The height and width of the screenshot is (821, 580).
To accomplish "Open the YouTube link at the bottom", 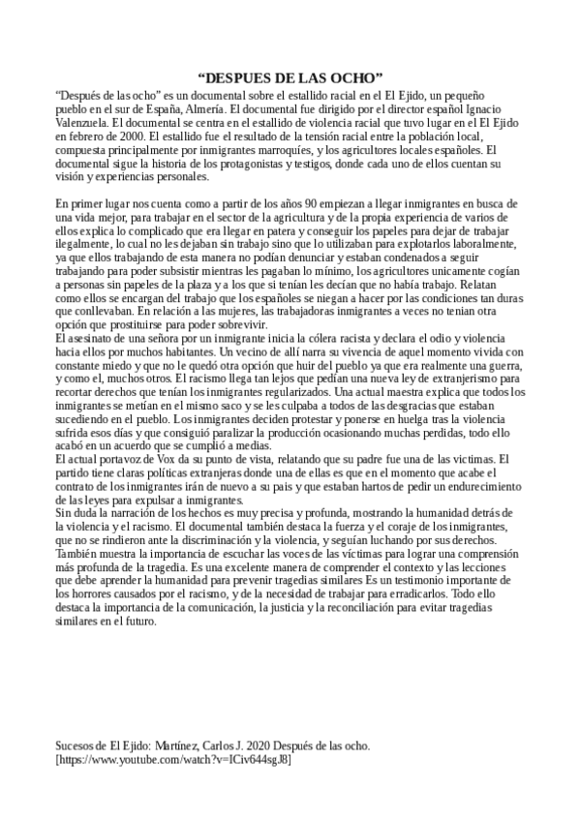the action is pyautogui.click(x=174, y=760).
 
